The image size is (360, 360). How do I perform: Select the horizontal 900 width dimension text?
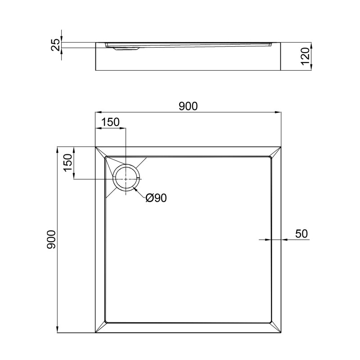click(x=188, y=106)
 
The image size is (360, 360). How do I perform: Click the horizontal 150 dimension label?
click(x=110, y=122)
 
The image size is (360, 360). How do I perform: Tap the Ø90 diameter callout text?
click(x=156, y=198)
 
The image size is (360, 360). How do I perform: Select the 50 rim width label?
click(x=301, y=234)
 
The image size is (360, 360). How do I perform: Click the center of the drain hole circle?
click(x=126, y=179)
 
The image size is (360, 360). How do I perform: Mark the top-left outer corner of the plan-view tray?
click(x=95, y=146)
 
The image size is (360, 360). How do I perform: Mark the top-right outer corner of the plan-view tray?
click(x=281, y=146)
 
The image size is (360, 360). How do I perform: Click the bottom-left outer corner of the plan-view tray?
click(x=95, y=333)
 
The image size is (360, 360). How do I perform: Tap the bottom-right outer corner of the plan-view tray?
click(x=281, y=333)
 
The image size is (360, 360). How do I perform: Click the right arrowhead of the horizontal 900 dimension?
click(x=279, y=112)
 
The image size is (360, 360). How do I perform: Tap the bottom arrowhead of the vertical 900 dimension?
click(x=58, y=330)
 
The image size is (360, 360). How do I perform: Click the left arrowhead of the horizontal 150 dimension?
click(x=98, y=128)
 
